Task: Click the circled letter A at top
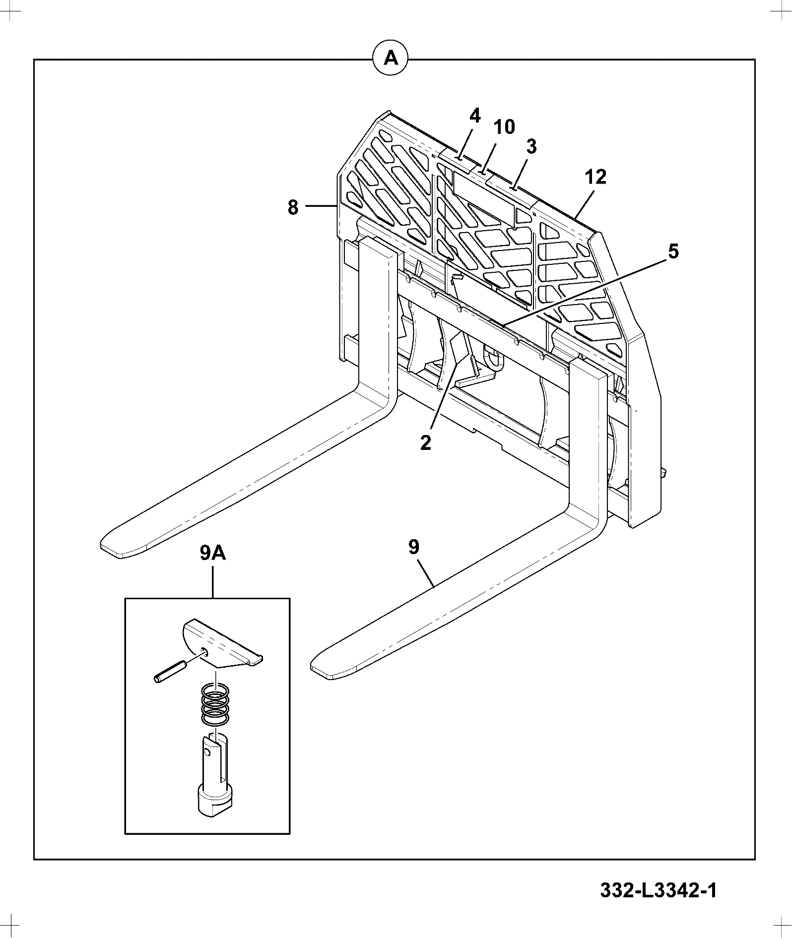click(390, 59)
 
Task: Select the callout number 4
click(475, 116)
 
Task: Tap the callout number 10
click(504, 127)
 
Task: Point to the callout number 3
click(531, 147)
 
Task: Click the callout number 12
click(595, 177)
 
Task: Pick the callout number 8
click(293, 207)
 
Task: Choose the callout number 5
click(672, 251)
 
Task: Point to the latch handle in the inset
click(222, 643)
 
